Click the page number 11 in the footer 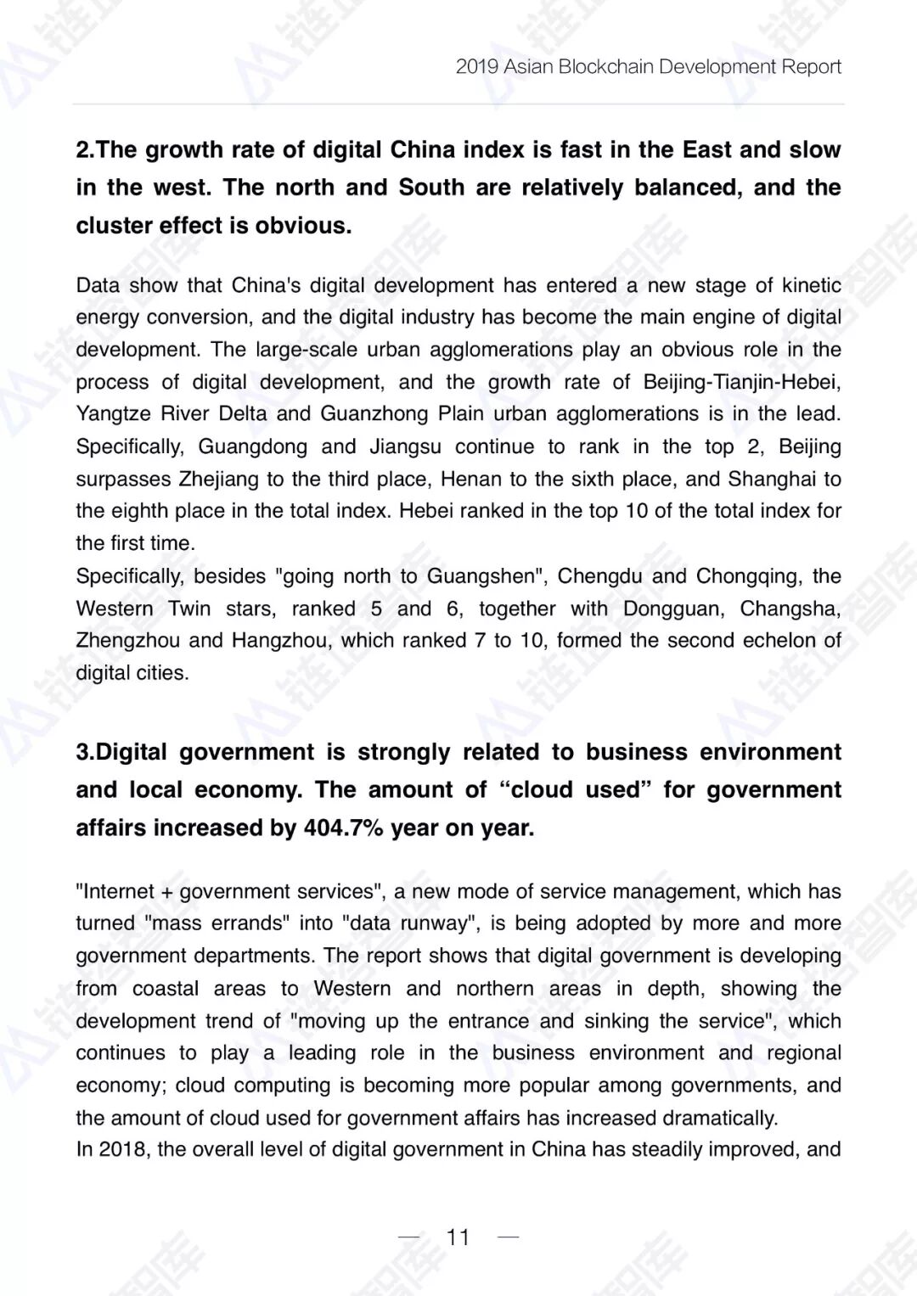pyautogui.click(x=458, y=1237)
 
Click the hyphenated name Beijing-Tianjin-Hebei pyautogui.click(x=741, y=382)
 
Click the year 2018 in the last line pyautogui.click(x=122, y=1150)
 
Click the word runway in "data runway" pyautogui.click(x=433, y=923)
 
